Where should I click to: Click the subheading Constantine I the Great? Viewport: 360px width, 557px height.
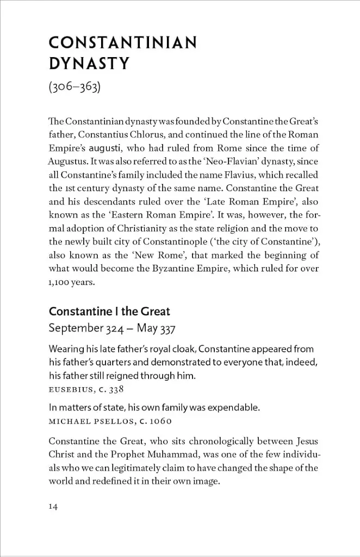pyautogui.click(x=109, y=312)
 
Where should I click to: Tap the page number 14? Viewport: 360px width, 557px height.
pyautogui.click(x=53, y=506)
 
